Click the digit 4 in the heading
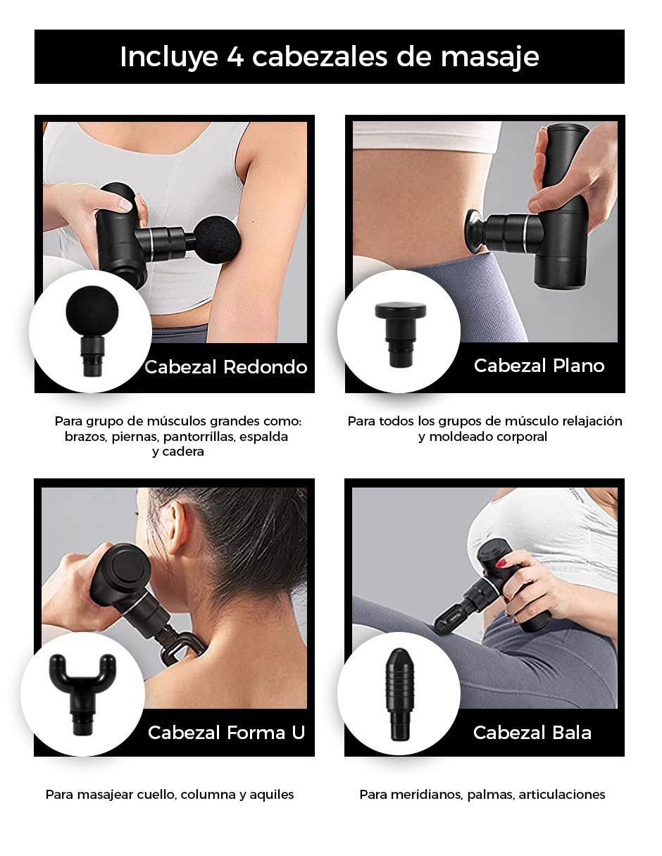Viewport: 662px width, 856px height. pyautogui.click(x=235, y=57)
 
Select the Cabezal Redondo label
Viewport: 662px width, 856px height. pyautogui.click(x=226, y=367)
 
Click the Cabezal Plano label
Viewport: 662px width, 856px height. pyautogui.click(x=539, y=366)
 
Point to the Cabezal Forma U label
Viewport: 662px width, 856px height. pyautogui.click(x=227, y=733)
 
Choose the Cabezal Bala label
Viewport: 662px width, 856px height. pyautogui.click(x=532, y=733)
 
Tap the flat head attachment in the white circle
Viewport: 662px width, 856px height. pyautogui.click(x=400, y=334)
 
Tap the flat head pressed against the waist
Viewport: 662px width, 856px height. pyautogui.click(x=474, y=230)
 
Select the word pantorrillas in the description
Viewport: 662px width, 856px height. pyautogui.click(x=194, y=437)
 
